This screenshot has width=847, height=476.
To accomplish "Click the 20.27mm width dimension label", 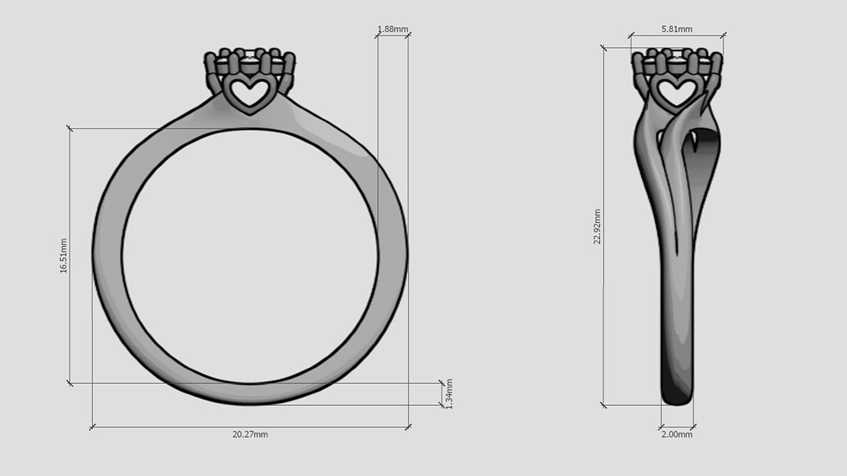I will click(x=250, y=434).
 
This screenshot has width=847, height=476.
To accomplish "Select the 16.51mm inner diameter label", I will click(x=64, y=256).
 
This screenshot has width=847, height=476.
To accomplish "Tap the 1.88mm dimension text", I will click(x=393, y=30).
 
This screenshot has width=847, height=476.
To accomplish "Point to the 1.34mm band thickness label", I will click(x=449, y=394).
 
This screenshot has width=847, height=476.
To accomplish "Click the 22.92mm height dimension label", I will click(x=598, y=226).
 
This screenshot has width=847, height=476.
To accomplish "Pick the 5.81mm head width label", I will click(x=677, y=29).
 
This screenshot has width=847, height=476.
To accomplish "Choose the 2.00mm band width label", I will click(x=677, y=434).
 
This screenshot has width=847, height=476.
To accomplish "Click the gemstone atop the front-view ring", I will click(x=250, y=56).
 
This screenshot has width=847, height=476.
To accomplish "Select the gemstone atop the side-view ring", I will click(x=676, y=56).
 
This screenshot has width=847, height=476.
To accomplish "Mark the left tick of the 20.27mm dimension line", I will click(x=92, y=427).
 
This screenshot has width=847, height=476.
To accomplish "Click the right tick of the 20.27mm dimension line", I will click(x=409, y=427).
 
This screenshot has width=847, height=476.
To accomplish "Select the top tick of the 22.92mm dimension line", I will click(x=604, y=48).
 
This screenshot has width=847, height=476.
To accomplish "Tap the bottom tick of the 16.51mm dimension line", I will click(x=70, y=383).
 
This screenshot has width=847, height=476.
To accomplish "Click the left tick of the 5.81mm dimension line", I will click(x=630, y=35).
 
